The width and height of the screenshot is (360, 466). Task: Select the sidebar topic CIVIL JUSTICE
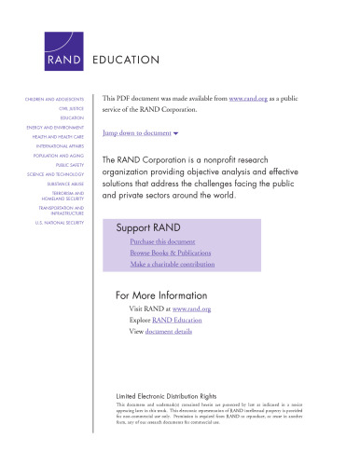pos(69,108)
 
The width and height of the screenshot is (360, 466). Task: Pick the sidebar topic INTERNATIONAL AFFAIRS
pos(58,146)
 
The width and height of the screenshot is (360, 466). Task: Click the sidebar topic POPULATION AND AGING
pos(58,156)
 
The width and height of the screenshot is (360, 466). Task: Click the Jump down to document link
pos(140,133)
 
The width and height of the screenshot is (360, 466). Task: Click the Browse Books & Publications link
pos(171,253)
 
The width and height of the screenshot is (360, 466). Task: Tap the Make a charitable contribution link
pos(175,265)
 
